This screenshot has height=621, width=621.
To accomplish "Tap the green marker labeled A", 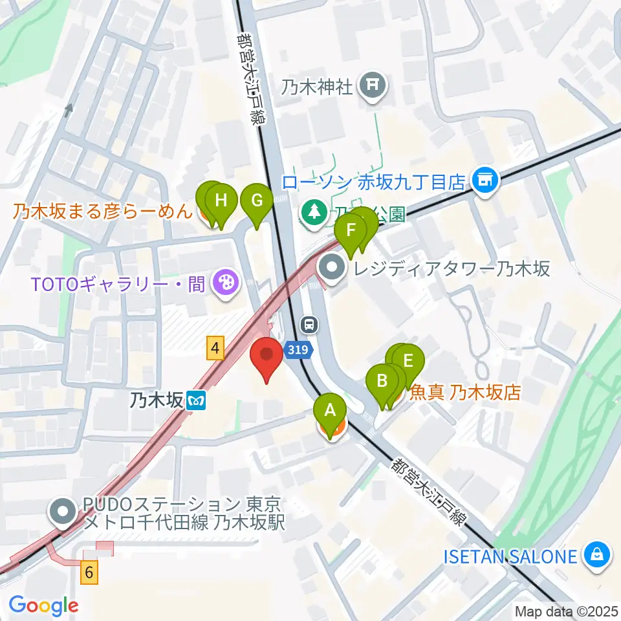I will point(330,410).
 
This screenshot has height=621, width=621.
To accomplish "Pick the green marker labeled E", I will point(408,361).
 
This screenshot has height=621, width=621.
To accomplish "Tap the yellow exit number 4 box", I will point(215,349).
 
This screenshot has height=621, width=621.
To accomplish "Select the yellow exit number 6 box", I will point(91,572).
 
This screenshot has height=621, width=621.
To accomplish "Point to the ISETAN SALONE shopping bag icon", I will point(596,555).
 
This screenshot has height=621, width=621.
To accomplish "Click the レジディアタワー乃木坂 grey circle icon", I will point(333,267).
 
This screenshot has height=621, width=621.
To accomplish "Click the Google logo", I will point(43,605).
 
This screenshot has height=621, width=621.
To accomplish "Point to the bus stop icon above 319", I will point(310,323).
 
